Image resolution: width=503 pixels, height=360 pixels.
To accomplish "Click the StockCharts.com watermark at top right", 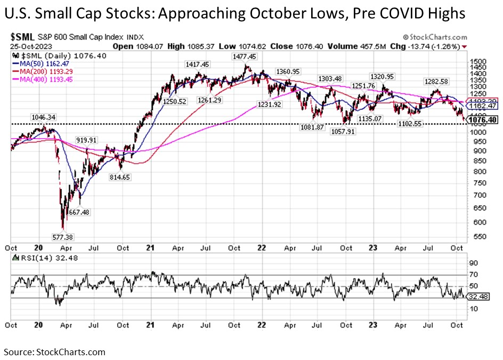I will (435, 38).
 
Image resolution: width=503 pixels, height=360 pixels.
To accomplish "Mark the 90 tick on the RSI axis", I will (473, 262).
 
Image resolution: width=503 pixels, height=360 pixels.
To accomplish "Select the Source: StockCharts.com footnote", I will (54, 352).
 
